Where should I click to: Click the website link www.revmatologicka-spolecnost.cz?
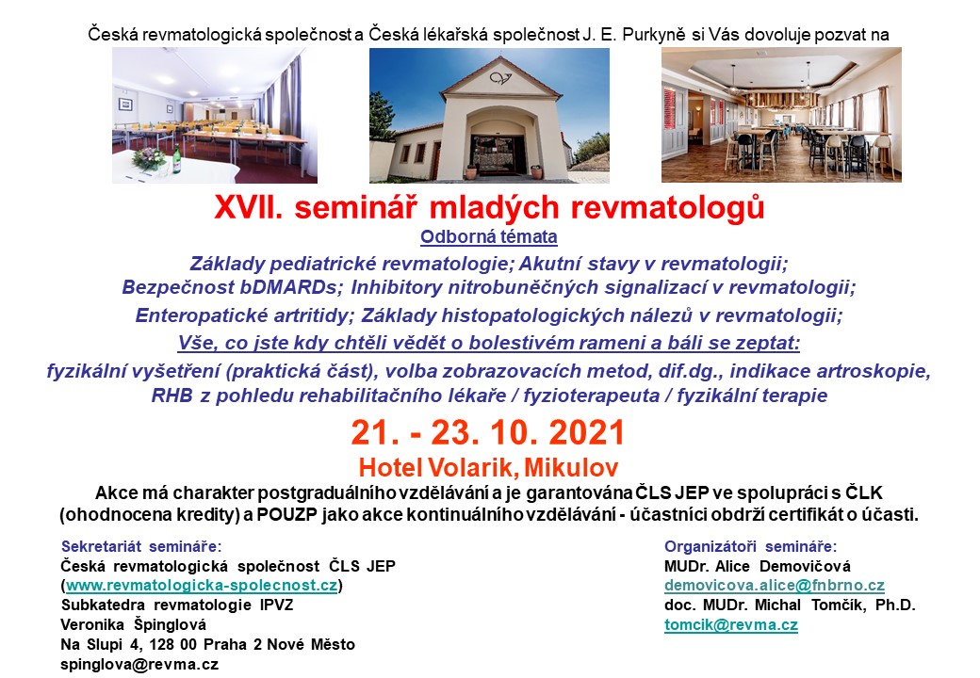(202, 586)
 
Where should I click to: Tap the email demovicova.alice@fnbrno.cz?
(775, 586)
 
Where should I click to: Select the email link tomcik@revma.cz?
(730, 625)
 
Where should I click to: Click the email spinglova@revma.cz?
(139, 664)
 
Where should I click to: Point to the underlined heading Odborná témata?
(489, 237)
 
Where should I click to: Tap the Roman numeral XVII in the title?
(249, 207)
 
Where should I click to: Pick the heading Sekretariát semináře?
(141, 547)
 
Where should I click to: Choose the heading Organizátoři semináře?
(751, 547)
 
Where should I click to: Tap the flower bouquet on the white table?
(149, 158)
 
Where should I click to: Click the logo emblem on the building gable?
(500, 78)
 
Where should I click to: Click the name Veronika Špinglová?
(133, 625)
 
